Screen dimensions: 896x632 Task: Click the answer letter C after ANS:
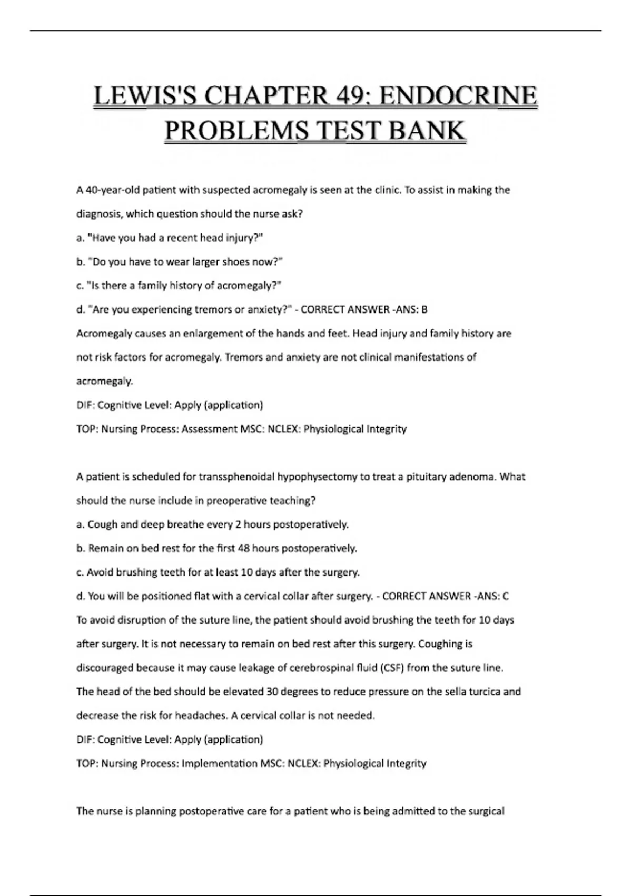[x=506, y=596]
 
